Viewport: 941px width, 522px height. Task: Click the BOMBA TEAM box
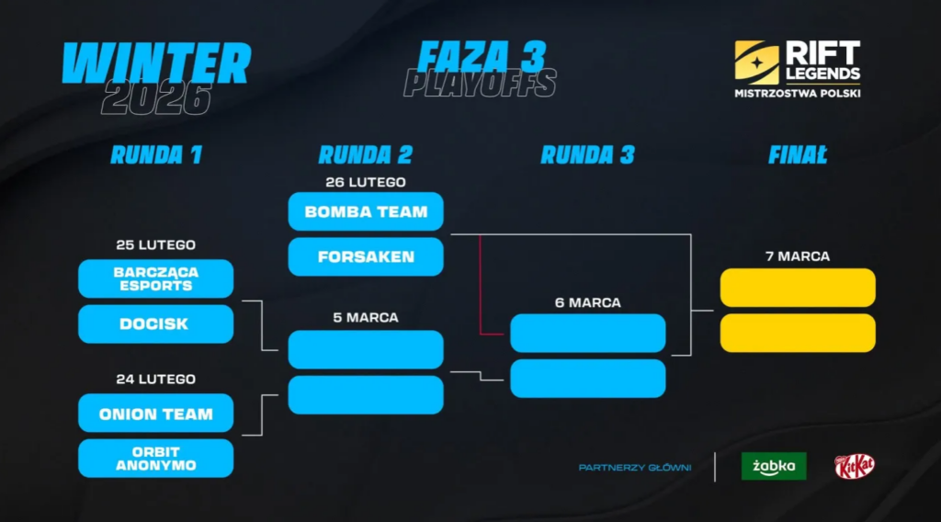(x=366, y=211)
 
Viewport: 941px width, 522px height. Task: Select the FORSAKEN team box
(x=366, y=257)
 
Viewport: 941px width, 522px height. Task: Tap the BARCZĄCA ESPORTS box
(x=155, y=279)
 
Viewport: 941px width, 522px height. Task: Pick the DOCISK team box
(x=155, y=324)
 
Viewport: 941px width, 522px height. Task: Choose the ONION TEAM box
(x=155, y=414)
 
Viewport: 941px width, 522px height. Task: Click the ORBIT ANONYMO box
(x=155, y=459)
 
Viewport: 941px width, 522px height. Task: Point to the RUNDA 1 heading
(x=155, y=154)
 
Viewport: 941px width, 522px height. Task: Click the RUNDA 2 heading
(x=366, y=154)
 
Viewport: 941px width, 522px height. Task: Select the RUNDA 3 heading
(x=587, y=154)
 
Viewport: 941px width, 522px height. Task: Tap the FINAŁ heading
(x=797, y=154)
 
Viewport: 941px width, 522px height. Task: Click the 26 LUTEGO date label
(x=366, y=182)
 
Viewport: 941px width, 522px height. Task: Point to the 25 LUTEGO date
(x=155, y=245)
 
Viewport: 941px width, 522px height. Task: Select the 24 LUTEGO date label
(x=155, y=379)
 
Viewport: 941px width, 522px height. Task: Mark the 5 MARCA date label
(x=366, y=318)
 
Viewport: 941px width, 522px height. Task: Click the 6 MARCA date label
(x=587, y=302)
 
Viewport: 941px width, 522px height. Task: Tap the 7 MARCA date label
(x=797, y=256)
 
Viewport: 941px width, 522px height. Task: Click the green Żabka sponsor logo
(x=774, y=466)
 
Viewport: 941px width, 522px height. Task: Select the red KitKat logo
(x=854, y=466)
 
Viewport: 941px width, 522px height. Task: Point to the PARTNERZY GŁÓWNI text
(x=634, y=468)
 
